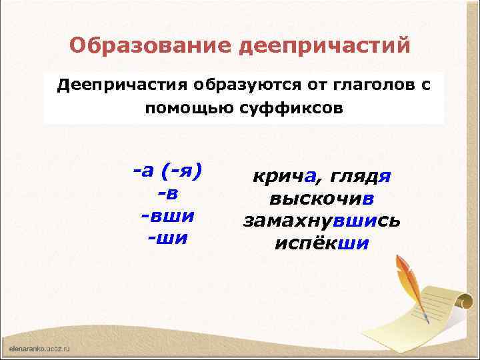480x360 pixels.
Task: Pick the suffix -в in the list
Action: pyautogui.click(x=167, y=194)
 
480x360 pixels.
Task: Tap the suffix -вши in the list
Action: pyautogui.click(x=167, y=216)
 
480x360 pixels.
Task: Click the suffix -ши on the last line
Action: pyautogui.click(x=167, y=239)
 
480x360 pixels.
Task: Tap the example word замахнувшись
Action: pyautogui.click(x=321, y=221)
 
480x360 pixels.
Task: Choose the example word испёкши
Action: pyautogui.click(x=321, y=243)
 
